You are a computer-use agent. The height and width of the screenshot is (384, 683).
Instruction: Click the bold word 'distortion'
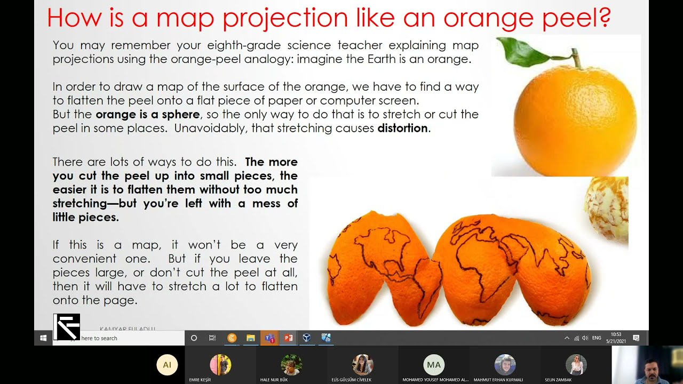[x=402, y=128]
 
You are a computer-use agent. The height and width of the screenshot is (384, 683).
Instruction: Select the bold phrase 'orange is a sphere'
[x=148, y=114]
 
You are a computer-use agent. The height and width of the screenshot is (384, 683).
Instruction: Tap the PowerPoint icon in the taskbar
[x=289, y=338]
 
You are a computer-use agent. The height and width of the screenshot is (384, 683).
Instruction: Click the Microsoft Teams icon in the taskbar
[x=269, y=338]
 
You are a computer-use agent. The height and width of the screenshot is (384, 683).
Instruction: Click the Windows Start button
[x=43, y=338]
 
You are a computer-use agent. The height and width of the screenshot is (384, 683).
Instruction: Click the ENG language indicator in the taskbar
[x=597, y=338]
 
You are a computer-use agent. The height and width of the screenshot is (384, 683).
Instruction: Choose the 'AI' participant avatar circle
[x=167, y=365]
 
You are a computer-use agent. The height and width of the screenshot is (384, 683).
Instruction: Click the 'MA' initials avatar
[x=434, y=365]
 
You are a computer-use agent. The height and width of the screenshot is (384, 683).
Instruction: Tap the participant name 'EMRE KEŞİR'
[x=200, y=380]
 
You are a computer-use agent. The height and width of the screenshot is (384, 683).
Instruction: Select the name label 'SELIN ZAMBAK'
[x=558, y=380]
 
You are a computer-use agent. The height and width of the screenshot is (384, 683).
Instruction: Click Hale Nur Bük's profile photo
[x=291, y=365]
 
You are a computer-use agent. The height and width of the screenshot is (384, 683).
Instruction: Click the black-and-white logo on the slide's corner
[x=67, y=327]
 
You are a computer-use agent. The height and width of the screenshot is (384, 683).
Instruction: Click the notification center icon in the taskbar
[x=636, y=338]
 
